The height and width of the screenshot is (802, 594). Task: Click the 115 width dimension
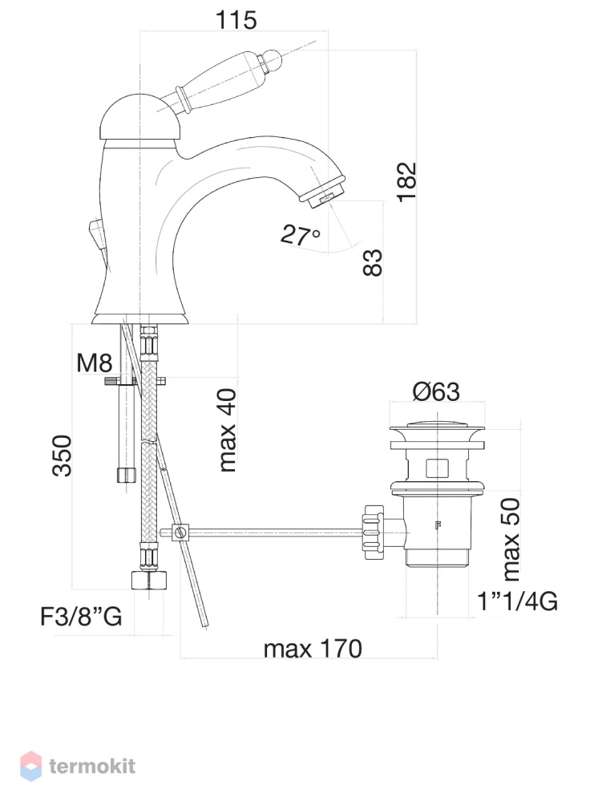[x=236, y=20]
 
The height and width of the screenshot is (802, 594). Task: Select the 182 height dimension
[x=407, y=182]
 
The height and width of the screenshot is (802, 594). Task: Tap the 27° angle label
[x=301, y=235]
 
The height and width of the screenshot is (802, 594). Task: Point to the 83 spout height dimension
[x=373, y=263]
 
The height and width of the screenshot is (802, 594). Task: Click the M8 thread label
[x=94, y=363]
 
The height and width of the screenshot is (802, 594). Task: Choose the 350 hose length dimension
[x=62, y=456]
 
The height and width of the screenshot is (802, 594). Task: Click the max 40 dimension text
[x=227, y=430]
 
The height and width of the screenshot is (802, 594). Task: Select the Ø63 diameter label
[x=436, y=392]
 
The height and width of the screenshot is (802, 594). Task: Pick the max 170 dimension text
[x=313, y=649]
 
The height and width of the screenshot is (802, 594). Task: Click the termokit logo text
[x=92, y=766]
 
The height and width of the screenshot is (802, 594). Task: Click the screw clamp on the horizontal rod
[x=180, y=532]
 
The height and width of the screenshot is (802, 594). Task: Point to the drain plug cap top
[x=437, y=426]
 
